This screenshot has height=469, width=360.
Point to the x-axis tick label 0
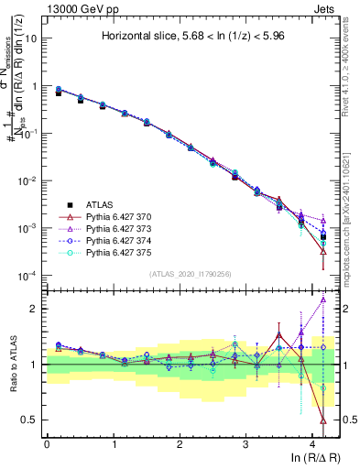(x=47, y=444)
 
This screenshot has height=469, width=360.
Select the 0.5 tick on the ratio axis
(x=31, y=420)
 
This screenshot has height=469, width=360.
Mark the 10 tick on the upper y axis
(x=31, y=38)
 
